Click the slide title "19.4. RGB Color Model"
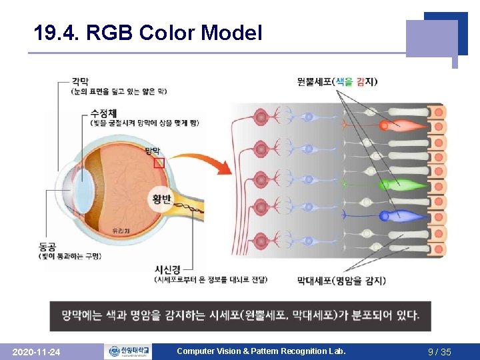click(148, 33)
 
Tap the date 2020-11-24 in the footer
click(37, 351)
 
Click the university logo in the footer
click(127, 351)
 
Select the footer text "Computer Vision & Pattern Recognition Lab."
click(261, 351)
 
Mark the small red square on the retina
click(159, 163)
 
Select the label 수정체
click(104, 113)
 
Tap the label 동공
click(48, 247)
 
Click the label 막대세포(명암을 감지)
click(341, 281)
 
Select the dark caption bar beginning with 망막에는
click(240, 315)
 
